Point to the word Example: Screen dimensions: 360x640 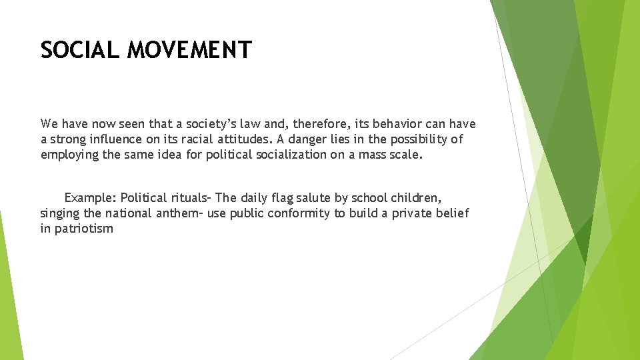[91, 198]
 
